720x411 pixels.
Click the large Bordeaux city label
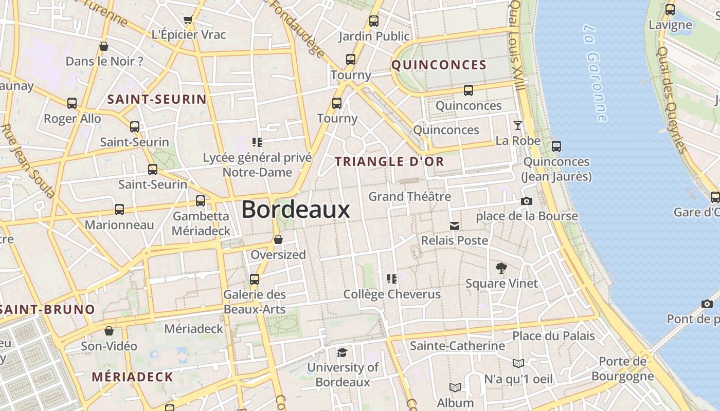pyautogui.click(x=296, y=210)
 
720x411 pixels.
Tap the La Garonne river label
pyautogui.click(x=596, y=72)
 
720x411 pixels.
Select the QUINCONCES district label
pyautogui.click(x=439, y=65)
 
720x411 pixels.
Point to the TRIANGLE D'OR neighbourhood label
pyautogui.click(x=389, y=161)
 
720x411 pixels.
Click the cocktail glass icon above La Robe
pyautogui.click(x=518, y=125)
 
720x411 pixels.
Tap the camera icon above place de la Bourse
pyautogui.click(x=526, y=201)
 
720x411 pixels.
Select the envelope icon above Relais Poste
pyautogui.click(x=455, y=226)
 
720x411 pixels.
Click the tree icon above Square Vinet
pyautogui.click(x=501, y=268)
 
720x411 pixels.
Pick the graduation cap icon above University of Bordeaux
pyautogui.click(x=342, y=352)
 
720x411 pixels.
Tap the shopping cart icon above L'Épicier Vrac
pyautogui.click(x=188, y=20)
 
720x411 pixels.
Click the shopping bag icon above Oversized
pyautogui.click(x=278, y=239)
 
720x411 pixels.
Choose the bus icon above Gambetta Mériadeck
pyautogui.click(x=201, y=201)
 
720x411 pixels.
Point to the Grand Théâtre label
pyautogui.click(x=409, y=196)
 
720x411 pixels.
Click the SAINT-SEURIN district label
pyautogui.click(x=156, y=100)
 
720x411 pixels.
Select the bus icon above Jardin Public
pyautogui.click(x=374, y=21)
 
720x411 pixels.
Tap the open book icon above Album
pyautogui.click(x=455, y=387)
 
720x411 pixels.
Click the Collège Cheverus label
pyautogui.click(x=392, y=294)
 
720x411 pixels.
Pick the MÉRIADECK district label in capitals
pyautogui.click(x=133, y=377)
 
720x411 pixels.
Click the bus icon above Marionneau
pyautogui.click(x=119, y=210)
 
